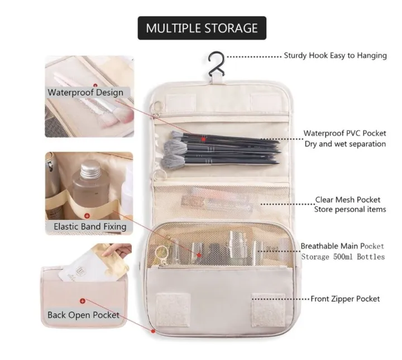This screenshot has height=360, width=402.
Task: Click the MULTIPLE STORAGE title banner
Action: pos(202,28)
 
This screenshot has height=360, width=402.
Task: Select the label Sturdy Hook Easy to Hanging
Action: pos(334,56)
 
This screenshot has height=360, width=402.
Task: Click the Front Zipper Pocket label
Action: pos(345,299)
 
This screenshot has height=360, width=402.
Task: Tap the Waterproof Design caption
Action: pos(85,92)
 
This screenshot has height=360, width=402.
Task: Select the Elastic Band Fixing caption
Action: pos(90,227)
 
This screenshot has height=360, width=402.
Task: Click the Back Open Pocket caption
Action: pos(83,315)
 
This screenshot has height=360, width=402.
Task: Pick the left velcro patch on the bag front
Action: pos(173,308)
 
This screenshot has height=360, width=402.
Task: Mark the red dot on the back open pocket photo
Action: pos(83,301)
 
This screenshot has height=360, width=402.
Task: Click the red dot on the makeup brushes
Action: pos(204,138)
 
